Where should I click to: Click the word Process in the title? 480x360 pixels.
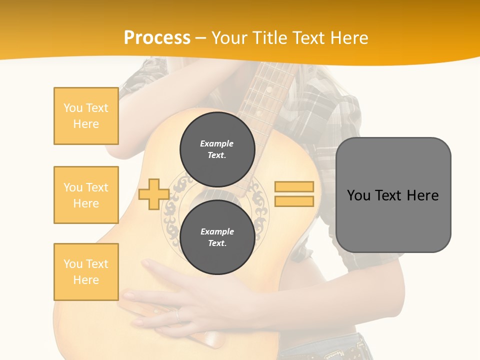pos(157,37)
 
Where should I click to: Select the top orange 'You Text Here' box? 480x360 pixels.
pos(86,116)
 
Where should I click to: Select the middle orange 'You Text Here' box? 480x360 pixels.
pos(86,195)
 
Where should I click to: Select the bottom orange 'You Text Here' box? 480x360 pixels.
pos(86,271)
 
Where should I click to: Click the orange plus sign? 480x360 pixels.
pos(153,194)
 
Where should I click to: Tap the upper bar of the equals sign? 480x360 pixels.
pos(294,186)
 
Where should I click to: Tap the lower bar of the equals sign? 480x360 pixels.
pos(294,201)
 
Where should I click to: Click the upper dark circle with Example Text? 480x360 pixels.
pos(217,149)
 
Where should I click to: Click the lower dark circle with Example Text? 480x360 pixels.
pos(217,237)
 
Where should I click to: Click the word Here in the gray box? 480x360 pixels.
pos(422,195)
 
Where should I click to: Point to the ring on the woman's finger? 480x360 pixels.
pos(177,314)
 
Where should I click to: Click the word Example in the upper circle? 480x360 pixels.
pos(217,143)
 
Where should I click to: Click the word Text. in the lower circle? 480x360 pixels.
pos(217,243)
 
